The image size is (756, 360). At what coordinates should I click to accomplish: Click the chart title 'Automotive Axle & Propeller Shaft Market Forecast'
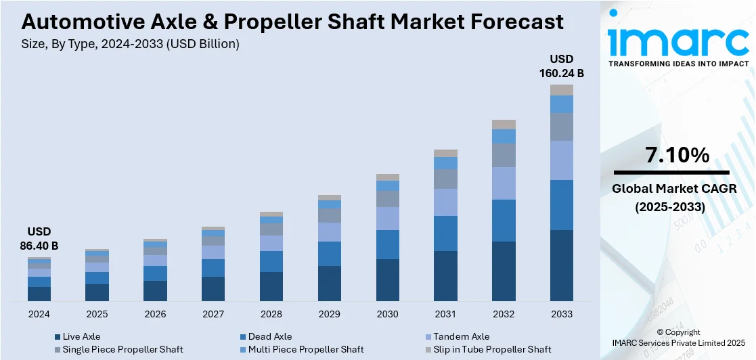292,22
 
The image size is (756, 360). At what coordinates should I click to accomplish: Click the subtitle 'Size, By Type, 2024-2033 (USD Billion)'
131,45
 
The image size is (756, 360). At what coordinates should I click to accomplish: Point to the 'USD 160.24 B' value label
561,66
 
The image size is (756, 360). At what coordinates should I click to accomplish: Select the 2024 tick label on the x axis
39,314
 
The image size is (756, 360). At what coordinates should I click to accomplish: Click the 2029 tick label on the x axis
330,314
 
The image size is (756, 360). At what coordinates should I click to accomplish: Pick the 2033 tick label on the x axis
561,314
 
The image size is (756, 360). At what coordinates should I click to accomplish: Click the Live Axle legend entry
81,336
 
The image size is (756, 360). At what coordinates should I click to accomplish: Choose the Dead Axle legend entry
269,336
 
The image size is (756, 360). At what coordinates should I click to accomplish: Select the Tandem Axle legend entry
461,336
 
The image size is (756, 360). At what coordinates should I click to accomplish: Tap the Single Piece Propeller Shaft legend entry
123,349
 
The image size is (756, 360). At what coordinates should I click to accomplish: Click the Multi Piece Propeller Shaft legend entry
305,349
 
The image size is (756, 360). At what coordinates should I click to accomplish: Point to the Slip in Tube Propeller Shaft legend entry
492,349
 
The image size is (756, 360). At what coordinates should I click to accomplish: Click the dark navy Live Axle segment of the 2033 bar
561,265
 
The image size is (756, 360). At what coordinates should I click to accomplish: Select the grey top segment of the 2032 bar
504,125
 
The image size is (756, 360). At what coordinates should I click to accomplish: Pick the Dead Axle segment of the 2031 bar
445,233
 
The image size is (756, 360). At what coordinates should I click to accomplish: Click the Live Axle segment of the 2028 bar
271,286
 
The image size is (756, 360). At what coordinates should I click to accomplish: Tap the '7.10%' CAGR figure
677,155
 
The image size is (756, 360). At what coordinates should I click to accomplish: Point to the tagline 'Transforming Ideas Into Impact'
678,64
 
